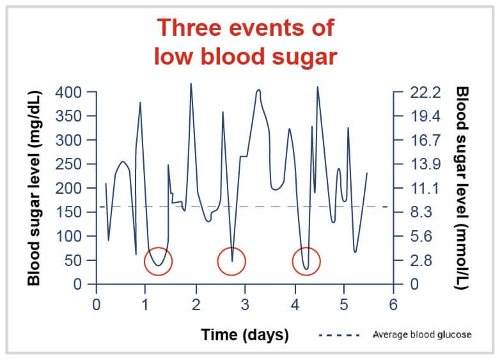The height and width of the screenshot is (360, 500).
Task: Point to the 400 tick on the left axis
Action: pos(68,92)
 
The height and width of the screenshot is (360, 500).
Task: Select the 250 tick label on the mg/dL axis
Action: pos(68,164)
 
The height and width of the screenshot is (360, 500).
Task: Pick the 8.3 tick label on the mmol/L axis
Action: pos(423,213)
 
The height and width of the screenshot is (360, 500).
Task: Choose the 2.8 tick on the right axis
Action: pos(423,261)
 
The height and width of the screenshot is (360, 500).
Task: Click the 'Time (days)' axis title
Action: pos(245,334)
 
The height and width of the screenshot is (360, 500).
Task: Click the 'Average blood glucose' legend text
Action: pos(422,334)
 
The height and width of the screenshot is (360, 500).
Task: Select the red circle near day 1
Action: pos(159,261)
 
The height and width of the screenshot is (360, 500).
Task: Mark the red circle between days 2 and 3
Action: pos(231,261)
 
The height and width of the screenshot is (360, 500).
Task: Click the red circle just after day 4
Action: pos(306,262)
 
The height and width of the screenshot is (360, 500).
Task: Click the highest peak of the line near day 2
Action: pos(191,83)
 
